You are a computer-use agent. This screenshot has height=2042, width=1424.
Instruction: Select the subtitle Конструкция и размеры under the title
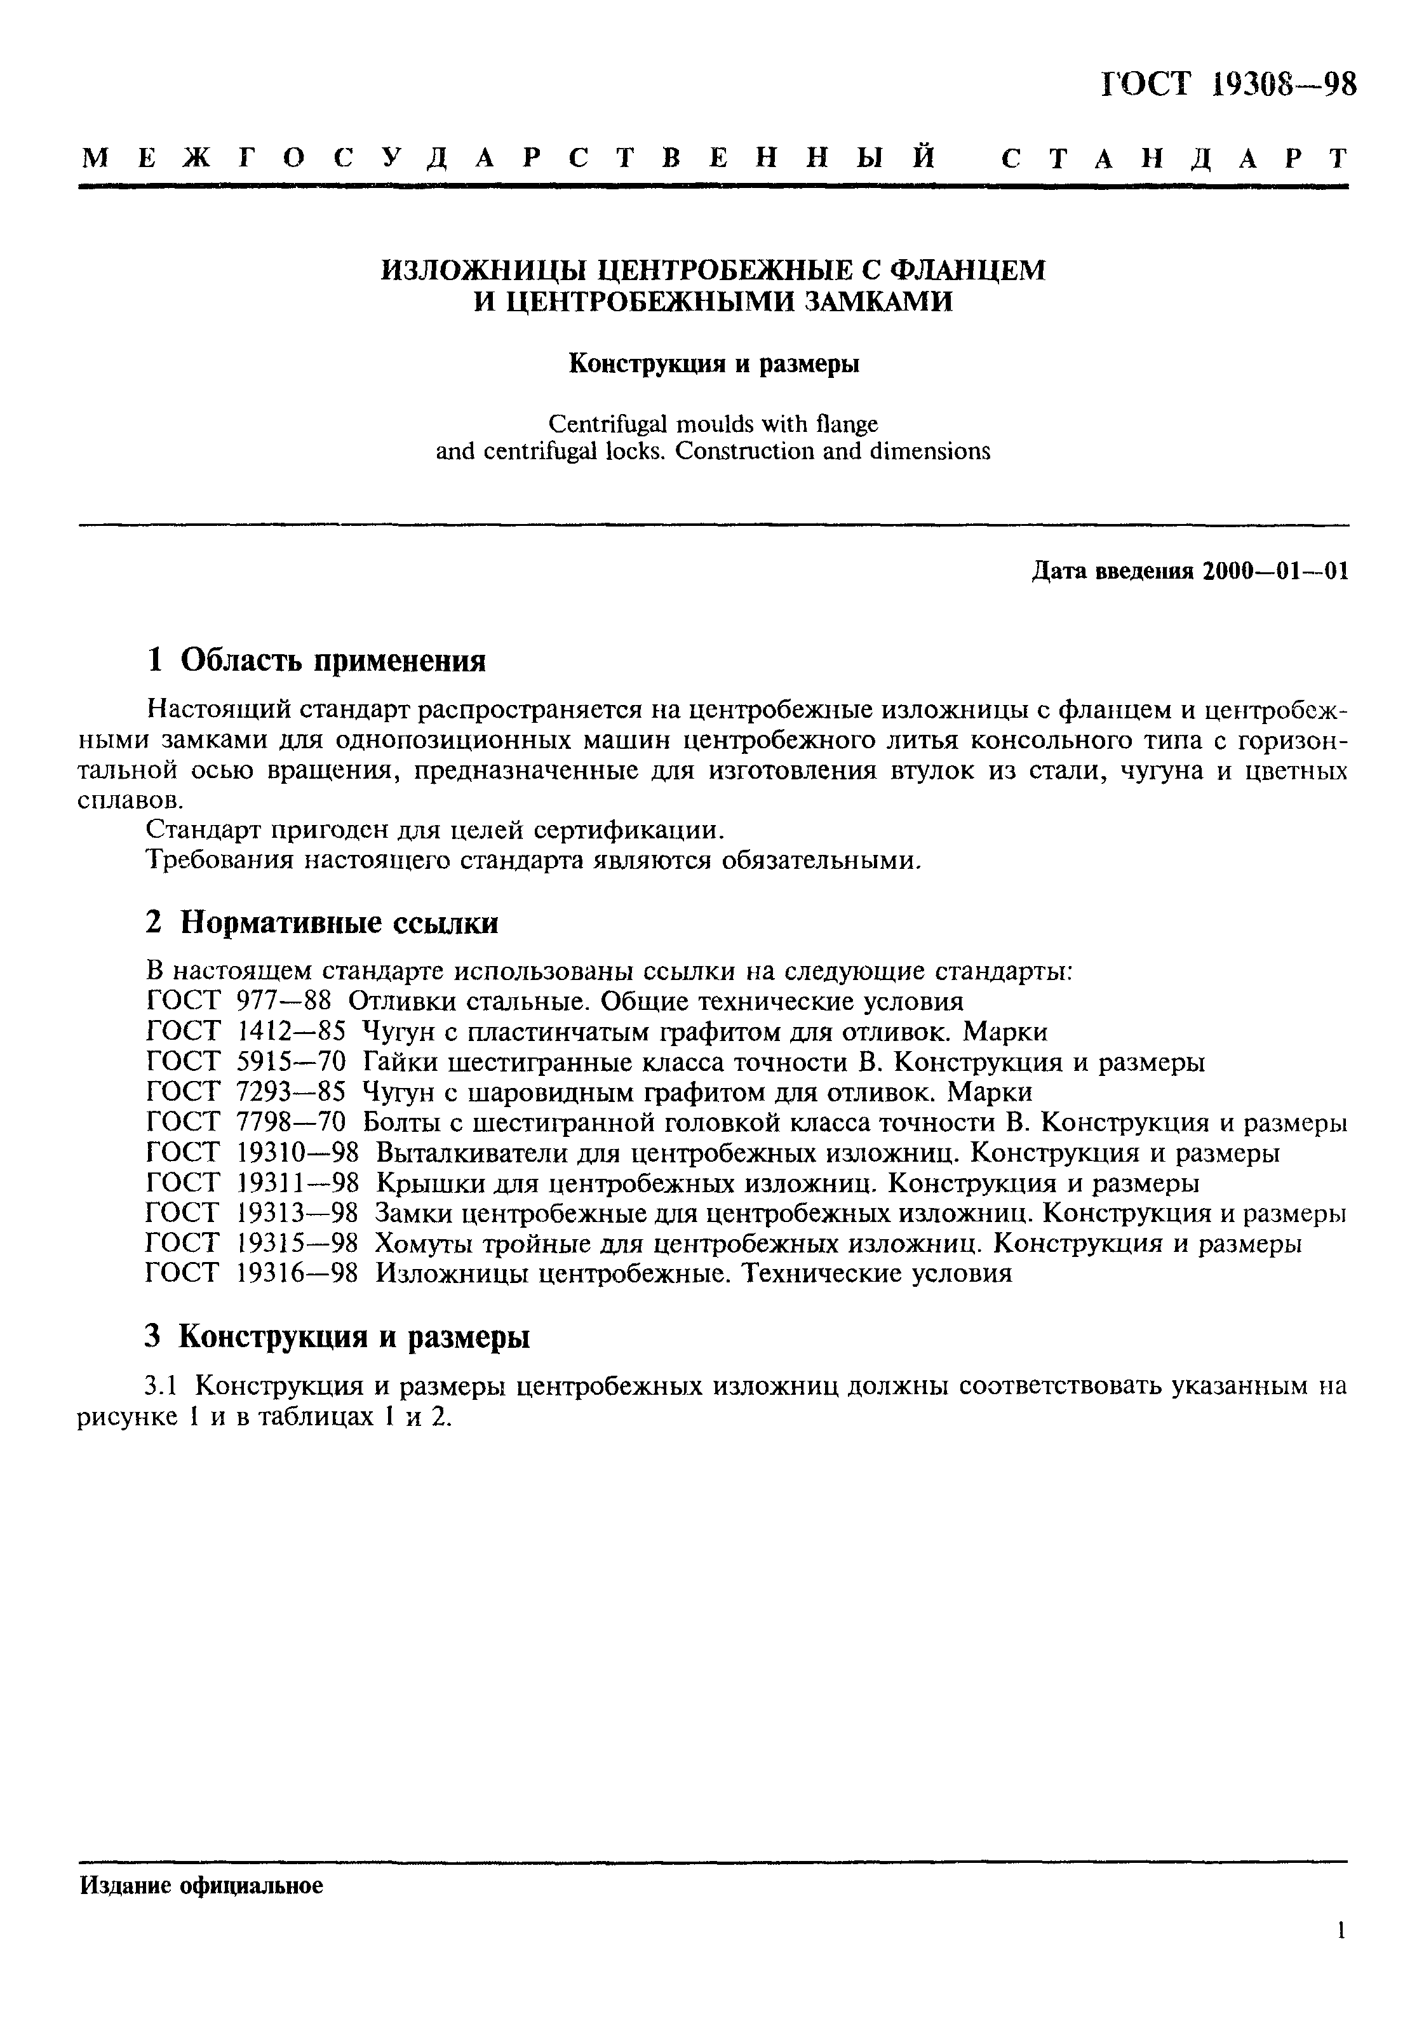tap(713, 365)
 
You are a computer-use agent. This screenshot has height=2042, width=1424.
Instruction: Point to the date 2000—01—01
tap(1275, 572)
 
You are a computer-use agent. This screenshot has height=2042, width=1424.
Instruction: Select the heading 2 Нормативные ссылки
tap(322, 923)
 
